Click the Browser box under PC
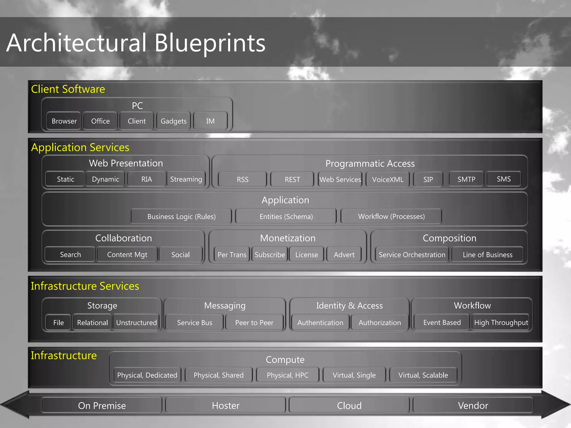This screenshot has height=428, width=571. [x=64, y=121]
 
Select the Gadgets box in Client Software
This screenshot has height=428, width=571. [x=173, y=121]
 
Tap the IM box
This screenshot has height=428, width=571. [x=210, y=121]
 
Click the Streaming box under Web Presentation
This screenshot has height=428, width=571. [x=186, y=179]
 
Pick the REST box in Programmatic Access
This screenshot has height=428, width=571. [x=292, y=179]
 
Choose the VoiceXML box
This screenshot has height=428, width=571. [x=388, y=179]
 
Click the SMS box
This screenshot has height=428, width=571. [x=504, y=179]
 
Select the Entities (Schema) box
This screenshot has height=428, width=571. [x=286, y=217]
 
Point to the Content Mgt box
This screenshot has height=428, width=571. [x=127, y=255]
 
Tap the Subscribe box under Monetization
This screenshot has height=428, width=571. [x=270, y=255]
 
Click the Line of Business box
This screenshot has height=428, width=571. [x=487, y=255]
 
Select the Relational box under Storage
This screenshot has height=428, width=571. [x=92, y=323]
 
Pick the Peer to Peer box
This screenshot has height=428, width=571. [x=254, y=323]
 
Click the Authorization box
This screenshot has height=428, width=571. [x=380, y=323]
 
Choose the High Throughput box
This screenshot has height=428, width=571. [x=501, y=323]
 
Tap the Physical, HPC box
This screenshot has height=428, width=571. [x=287, y=375]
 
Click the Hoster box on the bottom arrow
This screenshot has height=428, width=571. [x=226, y=405]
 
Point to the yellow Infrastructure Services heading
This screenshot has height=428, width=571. [x=85, y=286]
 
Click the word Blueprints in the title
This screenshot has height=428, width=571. [x=210, y=43]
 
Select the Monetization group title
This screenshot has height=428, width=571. [x=288, y=238]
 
